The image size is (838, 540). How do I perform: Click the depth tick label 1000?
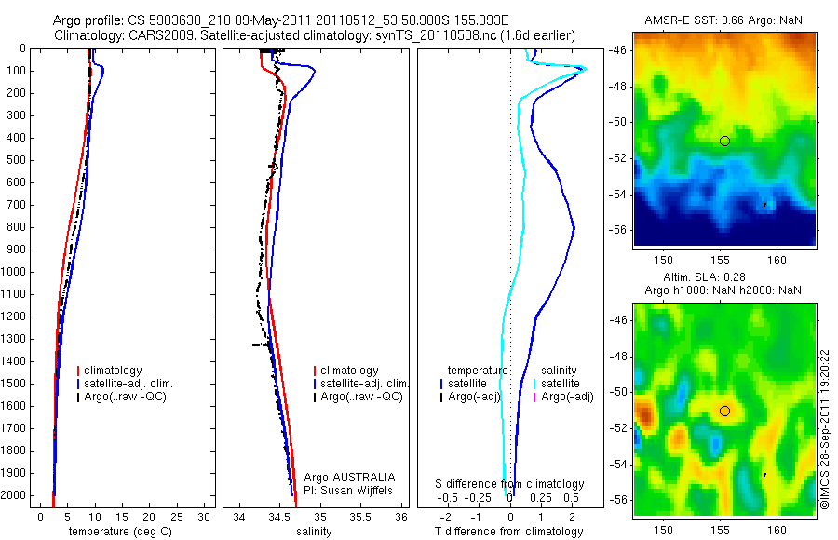tap(14, 272)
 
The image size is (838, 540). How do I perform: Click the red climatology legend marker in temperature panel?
tap(79, 371)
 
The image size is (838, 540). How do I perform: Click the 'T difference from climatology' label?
tap(508, 532)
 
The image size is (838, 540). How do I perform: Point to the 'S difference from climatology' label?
tap(509, 484)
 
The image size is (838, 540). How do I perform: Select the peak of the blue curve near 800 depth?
tap(574, 228)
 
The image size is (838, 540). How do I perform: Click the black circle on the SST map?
tap(724, 141)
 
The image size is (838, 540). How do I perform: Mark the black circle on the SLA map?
tap(724, 411)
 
